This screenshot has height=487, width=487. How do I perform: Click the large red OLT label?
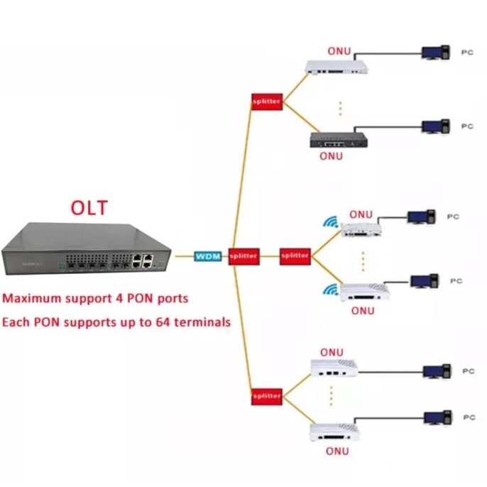coord(89,208)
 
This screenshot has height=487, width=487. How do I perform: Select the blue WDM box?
coord(208,256)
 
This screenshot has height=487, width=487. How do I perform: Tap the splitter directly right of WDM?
coord(243,256)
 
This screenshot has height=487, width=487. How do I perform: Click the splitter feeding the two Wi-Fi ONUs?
coord(295,255)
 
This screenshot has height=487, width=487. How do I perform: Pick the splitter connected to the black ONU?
coord(267,102)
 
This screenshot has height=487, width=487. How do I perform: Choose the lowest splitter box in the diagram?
coord(267,397)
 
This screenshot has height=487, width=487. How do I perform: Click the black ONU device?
coord(337,140)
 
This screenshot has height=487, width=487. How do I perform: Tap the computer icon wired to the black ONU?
coord(434,127)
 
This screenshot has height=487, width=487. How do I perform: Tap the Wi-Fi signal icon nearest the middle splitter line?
coord(331,223)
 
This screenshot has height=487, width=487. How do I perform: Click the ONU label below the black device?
coord(331,156)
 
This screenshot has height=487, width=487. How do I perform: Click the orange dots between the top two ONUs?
coord(340,108)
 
